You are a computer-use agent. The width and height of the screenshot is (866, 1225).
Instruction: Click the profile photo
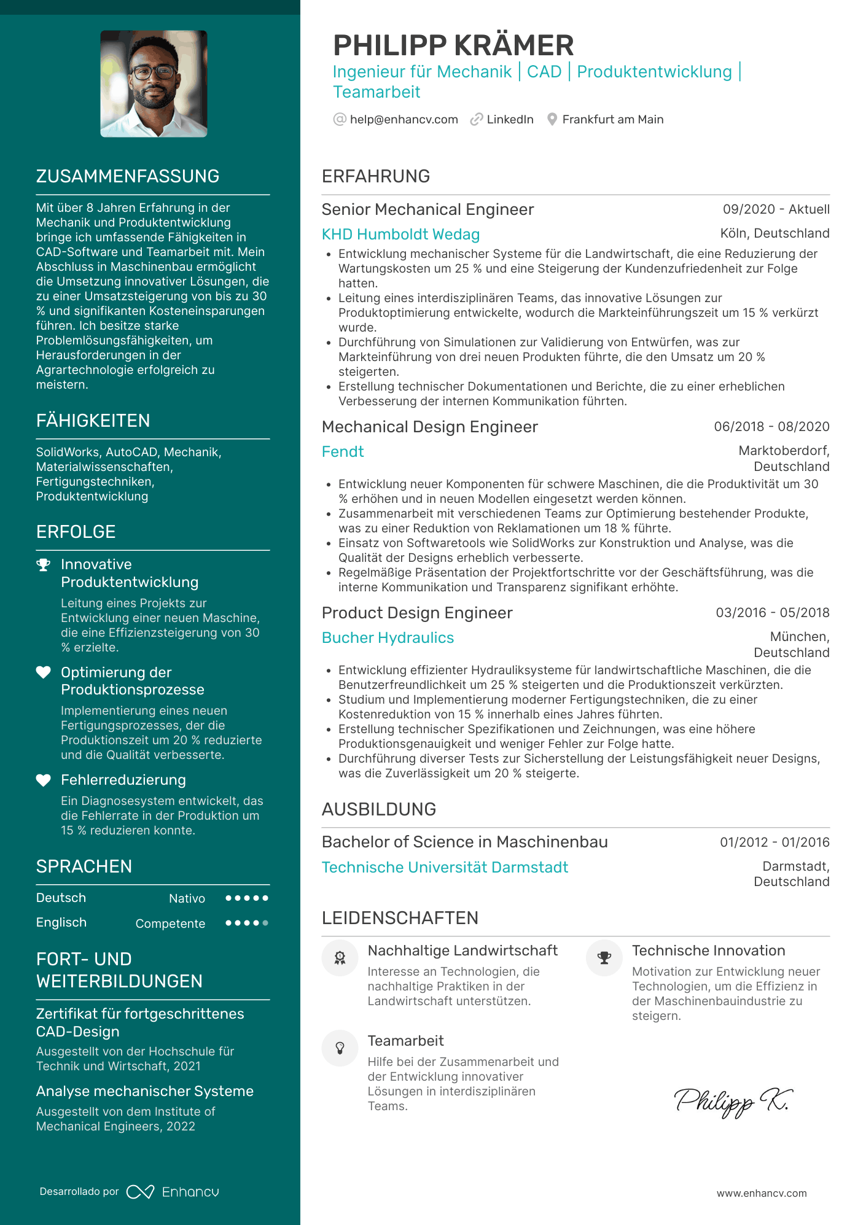(154, 84)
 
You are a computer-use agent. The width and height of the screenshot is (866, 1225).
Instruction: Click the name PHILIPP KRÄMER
(453, 45)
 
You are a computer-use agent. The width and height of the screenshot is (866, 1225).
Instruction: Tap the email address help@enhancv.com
(404, 120)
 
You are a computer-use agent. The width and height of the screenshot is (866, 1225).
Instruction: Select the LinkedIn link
(509, 120)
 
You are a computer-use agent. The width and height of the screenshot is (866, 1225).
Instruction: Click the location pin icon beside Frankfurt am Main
(552, 120)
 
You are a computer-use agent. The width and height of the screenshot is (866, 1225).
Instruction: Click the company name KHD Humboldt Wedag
(400, 235)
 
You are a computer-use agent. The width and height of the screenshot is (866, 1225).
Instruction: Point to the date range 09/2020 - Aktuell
(776, 209)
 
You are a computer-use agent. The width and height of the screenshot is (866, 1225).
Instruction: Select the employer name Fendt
(343, 452)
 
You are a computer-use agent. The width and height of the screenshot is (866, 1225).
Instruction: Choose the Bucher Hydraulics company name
(388, 638)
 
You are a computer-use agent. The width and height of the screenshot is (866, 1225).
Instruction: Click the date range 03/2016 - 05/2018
(772, 613)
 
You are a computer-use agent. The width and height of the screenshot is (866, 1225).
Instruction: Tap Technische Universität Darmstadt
(445, 868)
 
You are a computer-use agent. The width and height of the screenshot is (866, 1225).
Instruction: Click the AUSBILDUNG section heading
(378, 809)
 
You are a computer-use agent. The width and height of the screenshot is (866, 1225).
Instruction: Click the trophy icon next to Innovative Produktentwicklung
(43, 565)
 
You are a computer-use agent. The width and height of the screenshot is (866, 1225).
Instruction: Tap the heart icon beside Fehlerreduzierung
(43, 780)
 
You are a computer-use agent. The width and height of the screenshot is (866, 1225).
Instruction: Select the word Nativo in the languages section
(187, 899)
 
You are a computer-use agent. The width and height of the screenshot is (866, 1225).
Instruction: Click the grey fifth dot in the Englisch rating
(265, 923)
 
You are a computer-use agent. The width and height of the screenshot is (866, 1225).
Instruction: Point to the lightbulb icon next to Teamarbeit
(340, 1048)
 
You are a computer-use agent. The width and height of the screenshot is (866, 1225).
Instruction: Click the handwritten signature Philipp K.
(732, 1102)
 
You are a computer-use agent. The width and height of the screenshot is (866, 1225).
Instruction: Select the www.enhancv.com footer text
(761, 1193)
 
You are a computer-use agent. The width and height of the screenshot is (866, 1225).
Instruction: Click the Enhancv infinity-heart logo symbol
(140, 1192)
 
